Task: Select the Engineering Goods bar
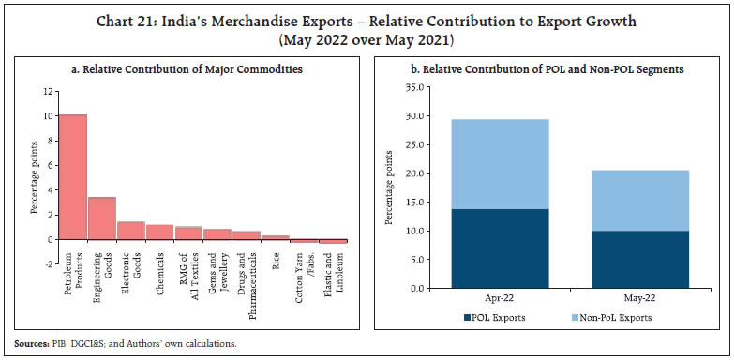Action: coord(101,217)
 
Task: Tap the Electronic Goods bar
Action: coord(130,231)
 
